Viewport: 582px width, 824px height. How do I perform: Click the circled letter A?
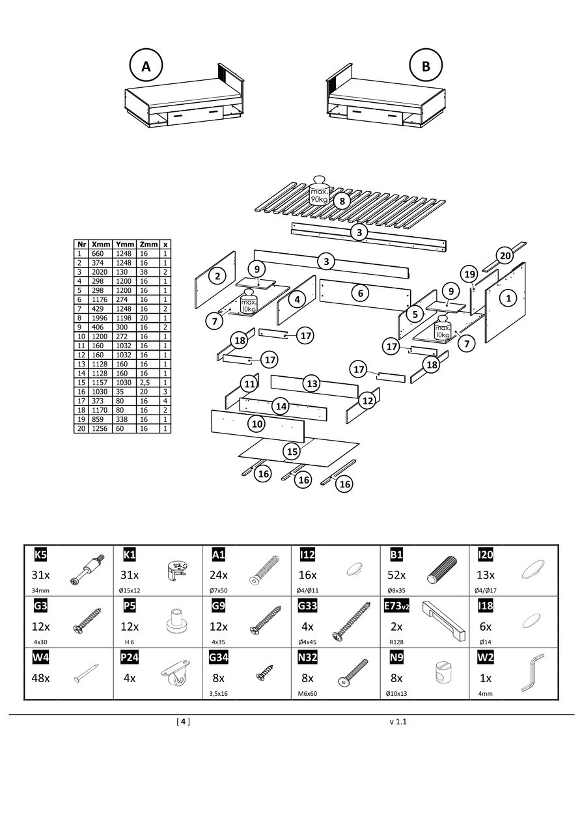(x=146, y=66)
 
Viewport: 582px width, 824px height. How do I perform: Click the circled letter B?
(x=426, y=66)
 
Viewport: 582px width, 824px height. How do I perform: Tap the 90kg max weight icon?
(x=319, y=191)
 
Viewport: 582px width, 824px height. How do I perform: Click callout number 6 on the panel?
(x=361, y=293)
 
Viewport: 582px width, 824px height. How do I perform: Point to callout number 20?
(x=505, y=255)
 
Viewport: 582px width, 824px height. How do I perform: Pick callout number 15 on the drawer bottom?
(x=292, y=450)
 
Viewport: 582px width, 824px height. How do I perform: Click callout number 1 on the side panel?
(x=508, y=297)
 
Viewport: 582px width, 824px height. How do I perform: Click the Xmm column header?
(x=101, y=244)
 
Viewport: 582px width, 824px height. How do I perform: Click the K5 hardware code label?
(x=40, y=555)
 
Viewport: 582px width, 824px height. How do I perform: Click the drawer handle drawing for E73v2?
(x=444, y=619)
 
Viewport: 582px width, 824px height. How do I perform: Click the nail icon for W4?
(x=86, y=674)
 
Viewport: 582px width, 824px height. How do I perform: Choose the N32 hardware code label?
(x=307, y=658)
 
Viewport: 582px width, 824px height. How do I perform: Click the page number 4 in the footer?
(x=184, y=721)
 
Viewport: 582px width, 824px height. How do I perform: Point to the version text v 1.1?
(x=398, y=721)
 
